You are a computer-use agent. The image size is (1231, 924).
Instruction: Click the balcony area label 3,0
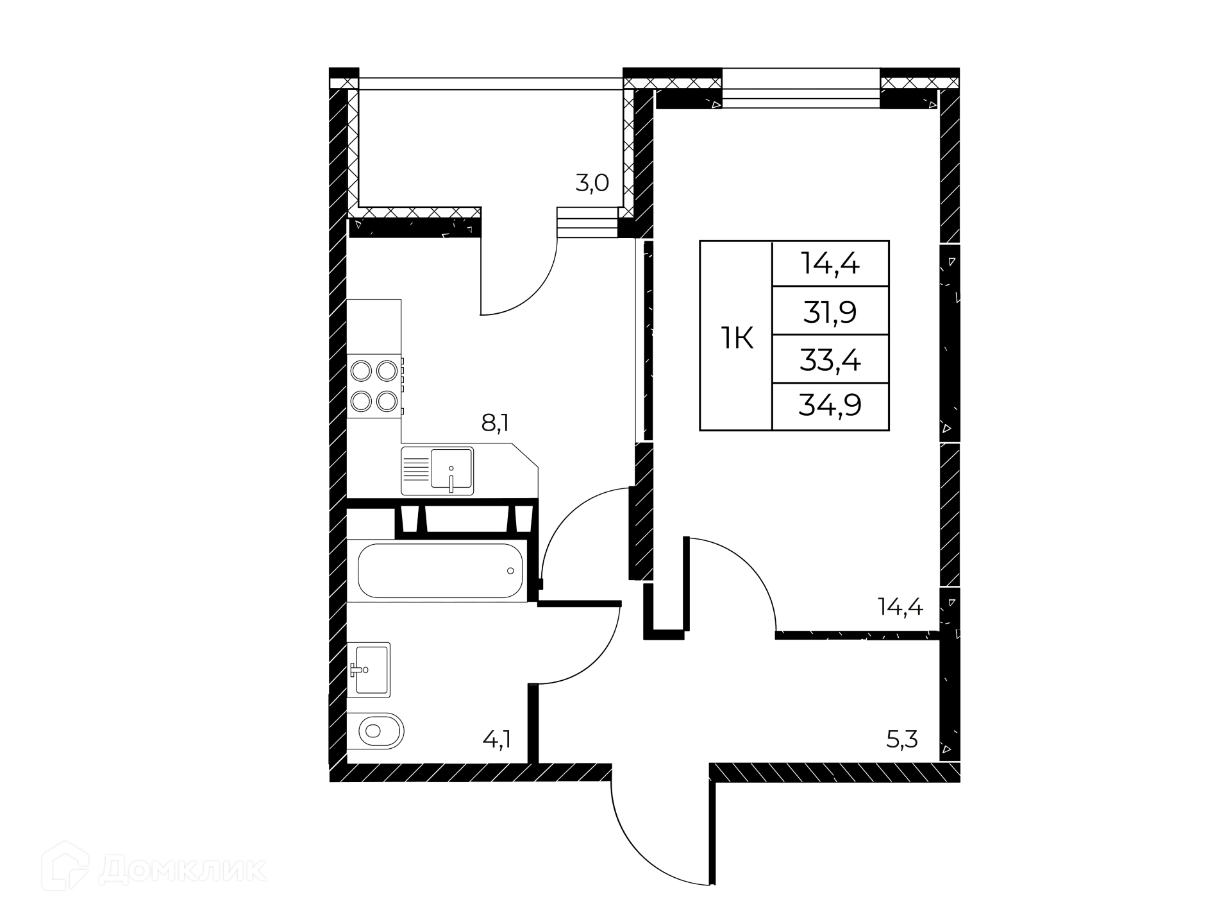tap(592, 184)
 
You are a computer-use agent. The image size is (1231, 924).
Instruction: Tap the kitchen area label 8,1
tap(495, 423)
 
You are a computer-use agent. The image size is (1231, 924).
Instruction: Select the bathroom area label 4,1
tap(497, 740)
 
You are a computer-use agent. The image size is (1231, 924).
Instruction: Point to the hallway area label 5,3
tap(902, 740)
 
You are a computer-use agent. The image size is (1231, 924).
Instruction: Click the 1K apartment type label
tap(737, 338)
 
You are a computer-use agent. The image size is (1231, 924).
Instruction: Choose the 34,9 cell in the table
tap(830, 406)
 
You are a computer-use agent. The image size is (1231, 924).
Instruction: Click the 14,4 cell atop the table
tap(830, 263)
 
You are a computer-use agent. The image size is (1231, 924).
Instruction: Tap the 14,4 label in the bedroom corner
tap(900, 606)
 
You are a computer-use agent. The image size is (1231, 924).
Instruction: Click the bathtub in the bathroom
tap(440, 570)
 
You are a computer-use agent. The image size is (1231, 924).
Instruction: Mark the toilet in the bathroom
tap(376, 730)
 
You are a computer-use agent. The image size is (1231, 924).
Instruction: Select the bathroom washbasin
tap(369, 669)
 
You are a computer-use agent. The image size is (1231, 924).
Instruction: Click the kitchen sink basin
tap(451, 470)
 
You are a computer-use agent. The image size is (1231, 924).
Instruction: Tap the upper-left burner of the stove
tap(362, 371)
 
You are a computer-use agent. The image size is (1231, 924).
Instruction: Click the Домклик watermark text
tap(182, 870)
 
